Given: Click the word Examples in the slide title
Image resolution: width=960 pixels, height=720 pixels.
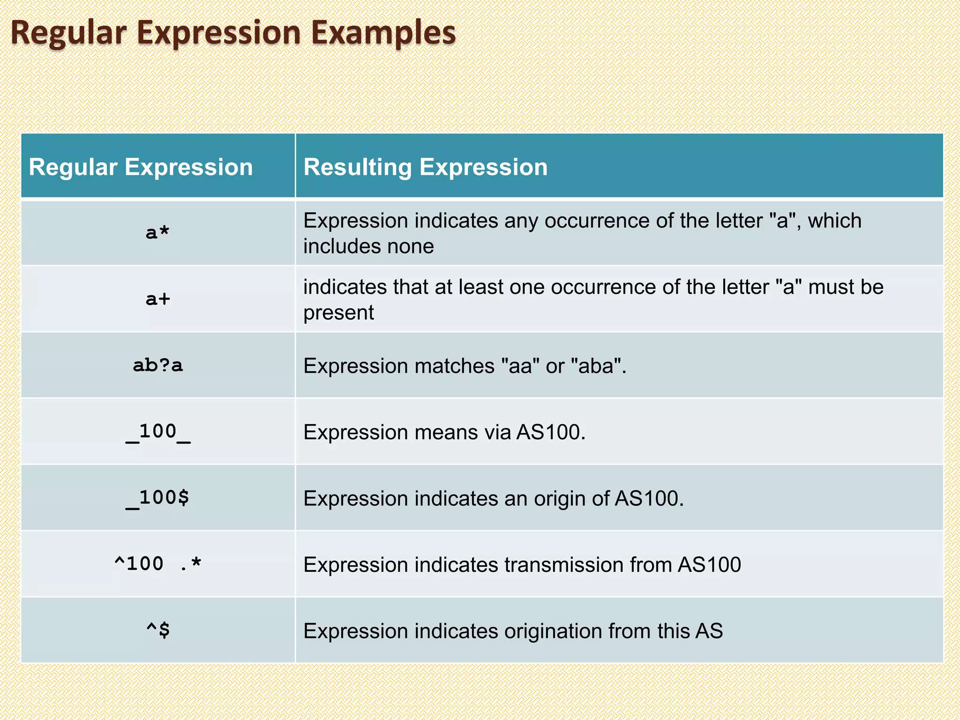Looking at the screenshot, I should (383, 33).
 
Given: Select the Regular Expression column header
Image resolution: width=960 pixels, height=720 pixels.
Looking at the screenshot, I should (141, 167).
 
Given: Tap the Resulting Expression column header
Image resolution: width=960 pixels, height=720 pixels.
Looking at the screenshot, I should (425, 167).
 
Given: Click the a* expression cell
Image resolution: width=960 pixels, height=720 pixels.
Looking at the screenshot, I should (157, 232).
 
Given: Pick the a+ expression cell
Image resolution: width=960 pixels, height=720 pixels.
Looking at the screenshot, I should (157, 299).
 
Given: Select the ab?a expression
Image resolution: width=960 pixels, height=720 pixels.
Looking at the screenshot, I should (157, 365).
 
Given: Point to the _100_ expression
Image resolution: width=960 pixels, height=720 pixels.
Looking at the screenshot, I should (157, 432).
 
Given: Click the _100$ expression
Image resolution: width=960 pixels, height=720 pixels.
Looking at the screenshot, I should (157, 498).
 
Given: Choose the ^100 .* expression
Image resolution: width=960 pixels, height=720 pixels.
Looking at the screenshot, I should (157, 564).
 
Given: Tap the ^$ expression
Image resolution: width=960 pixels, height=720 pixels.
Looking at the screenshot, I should (157, 630).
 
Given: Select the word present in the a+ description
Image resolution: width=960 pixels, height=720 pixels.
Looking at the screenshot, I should (338, 313).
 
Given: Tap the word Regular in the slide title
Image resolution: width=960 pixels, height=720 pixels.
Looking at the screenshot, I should (68, 33).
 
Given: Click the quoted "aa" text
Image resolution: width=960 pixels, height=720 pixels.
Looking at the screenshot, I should (520, 366).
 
